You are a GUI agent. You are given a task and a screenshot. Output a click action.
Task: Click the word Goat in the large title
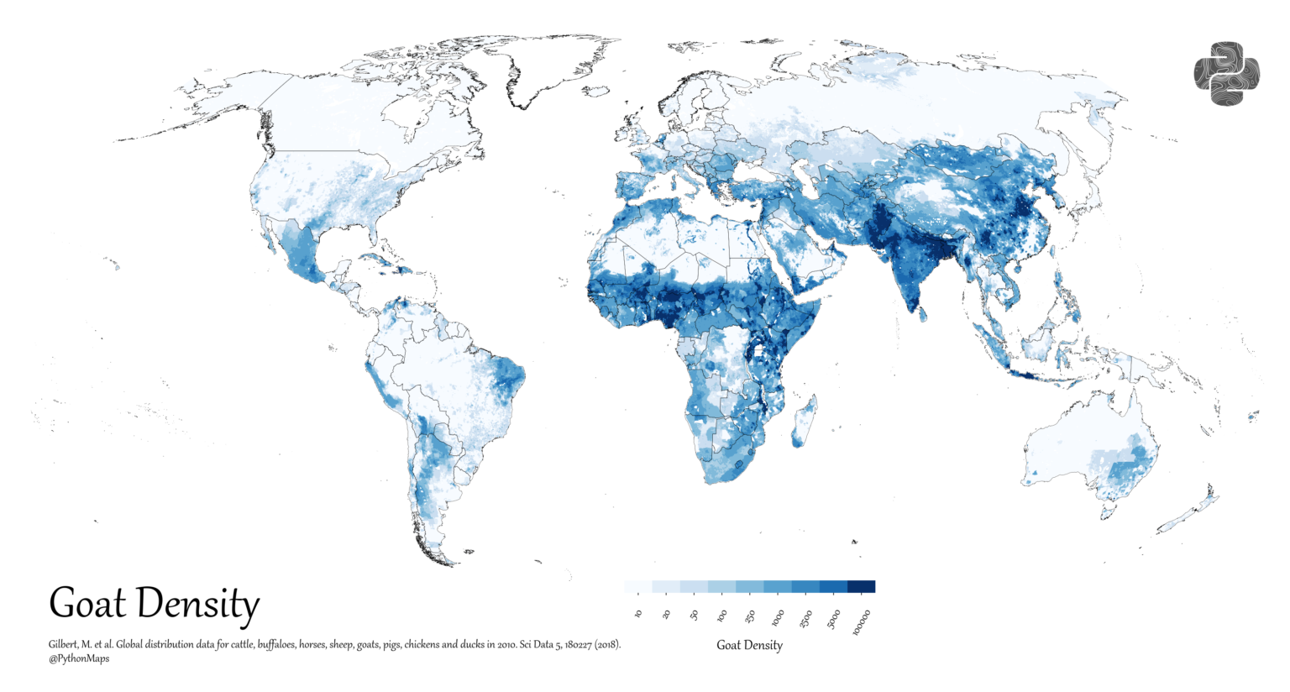(x=87, y=604)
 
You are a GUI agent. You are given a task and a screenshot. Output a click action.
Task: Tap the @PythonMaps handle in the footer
(x=79, y=658)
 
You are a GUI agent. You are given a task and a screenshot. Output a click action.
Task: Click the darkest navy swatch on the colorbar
(x=861, y=586)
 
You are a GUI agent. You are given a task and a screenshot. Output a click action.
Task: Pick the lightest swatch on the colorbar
(x=638, y=586)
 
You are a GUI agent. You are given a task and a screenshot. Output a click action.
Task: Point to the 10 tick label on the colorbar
(x=639, y=615)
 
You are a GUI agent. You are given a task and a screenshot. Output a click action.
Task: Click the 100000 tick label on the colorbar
(x=863, y=622)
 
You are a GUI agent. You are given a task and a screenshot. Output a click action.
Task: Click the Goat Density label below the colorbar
(x=749, y=645)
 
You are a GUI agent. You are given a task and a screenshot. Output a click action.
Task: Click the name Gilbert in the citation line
(x=64, y=645)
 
